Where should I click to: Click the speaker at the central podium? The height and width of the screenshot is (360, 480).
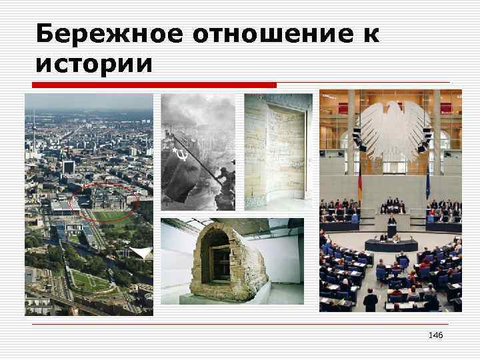391,221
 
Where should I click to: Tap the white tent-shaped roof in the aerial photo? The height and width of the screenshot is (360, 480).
141,253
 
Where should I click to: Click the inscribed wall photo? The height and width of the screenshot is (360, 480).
277,151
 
